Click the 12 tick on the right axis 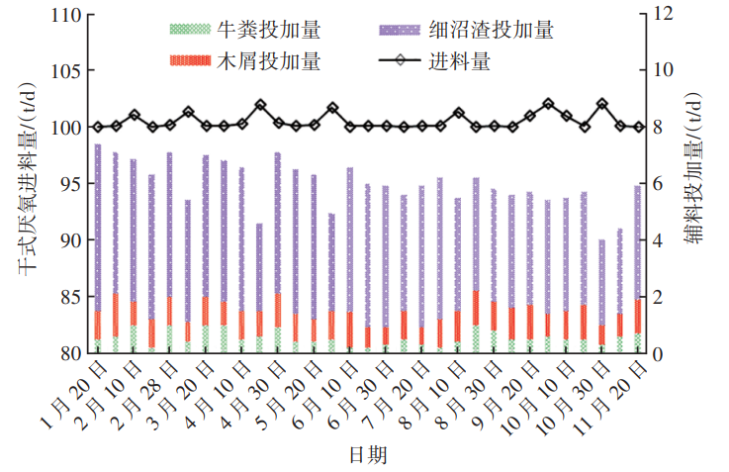click(662, 15)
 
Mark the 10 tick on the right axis click(662, 71)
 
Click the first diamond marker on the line click(98, 127)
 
